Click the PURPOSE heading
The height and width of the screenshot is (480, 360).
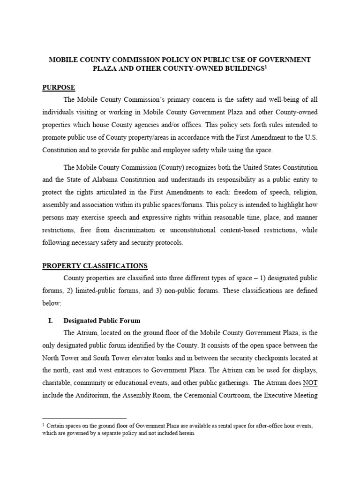[59, 87]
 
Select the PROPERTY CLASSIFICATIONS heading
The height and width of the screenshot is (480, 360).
[95, 265]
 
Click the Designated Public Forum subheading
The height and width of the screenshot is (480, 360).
[102, 321]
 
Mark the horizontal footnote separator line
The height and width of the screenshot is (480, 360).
[84, 419]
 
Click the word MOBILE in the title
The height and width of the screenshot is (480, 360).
[64, 60]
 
